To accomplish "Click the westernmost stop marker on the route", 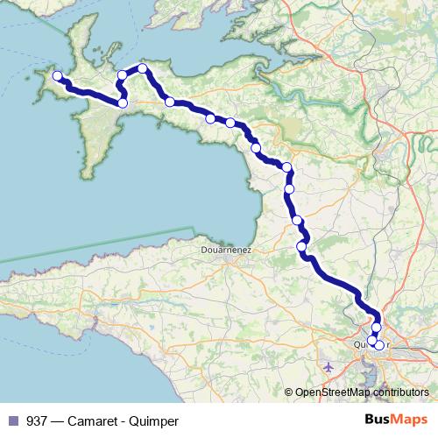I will tap(58, 76).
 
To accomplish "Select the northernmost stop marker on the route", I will tap(142, 68).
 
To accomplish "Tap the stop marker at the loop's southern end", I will tap(123, 103).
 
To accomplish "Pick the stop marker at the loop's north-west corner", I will tap(123, 75).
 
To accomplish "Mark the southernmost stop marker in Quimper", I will tap(379, 345).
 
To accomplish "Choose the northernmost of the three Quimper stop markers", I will tap(377, 328).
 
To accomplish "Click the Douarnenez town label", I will tap(224, 250).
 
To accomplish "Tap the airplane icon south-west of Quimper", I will tap(328, 366).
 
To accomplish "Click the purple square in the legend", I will tap(12, 421).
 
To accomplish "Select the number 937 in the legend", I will tap(37, 421).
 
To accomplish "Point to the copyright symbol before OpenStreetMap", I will tap(290, 392).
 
